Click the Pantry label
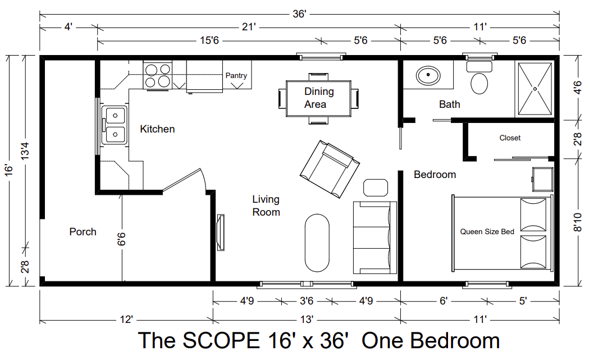coord(236,75)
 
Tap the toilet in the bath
coord(479,78)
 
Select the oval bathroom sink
coord(428,76)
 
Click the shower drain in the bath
coord(535,89)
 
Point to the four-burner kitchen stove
coord(158,75)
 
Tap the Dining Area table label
coord(318,98)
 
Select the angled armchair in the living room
coord(330,169)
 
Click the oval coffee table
coord(317,243)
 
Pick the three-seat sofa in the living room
coord(375,238)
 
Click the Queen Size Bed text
coord(487,232)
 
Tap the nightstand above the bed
coord(542,180)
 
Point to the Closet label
coord(510,138)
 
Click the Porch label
coord(83,232)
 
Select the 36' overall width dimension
coord(299,14)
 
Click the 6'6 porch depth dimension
coord(121,239)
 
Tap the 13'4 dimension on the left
coord(25,151)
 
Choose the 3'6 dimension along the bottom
coord(307,301)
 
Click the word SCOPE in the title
coord(221,340)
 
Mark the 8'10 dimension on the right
coord(578,222)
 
